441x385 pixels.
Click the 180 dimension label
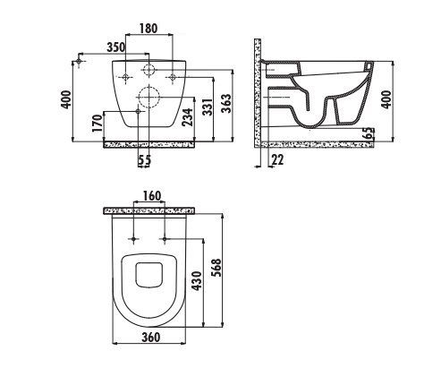148,29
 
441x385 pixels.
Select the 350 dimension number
116,47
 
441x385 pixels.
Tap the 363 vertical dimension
227,104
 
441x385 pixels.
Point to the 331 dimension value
208,107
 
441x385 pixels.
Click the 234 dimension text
189,117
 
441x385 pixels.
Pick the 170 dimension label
98,123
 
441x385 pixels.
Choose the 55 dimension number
145,160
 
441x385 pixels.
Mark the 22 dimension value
278,160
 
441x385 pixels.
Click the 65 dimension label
369,133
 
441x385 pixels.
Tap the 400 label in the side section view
386,99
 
